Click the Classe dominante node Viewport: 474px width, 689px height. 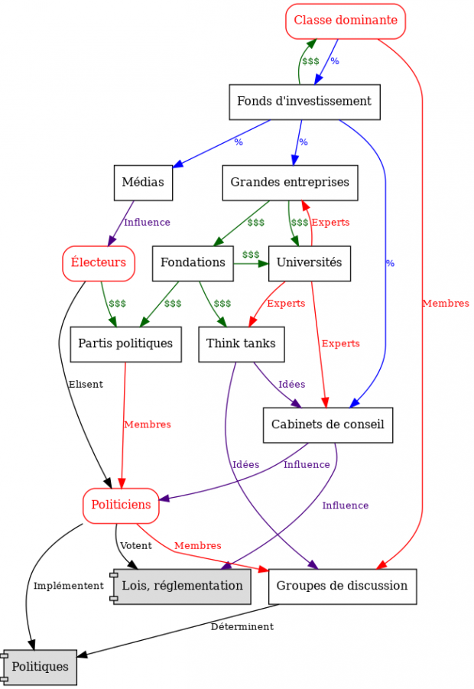pyautogui.click(x=346, y=21)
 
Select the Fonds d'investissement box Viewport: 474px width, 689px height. pyautogui.click(x=304, y=102)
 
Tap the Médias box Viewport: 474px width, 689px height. pyautogui.click(x=143, y=183)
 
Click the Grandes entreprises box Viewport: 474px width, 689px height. pyautogui.click(x=290, y=183)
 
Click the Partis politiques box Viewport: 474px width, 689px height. pyautogui.click(x=125, y=344)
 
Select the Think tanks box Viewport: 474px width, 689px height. pyautogui.click(x=241, y=344)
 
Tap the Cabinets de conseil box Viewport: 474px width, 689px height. pyautogui.click(x=327, y=425)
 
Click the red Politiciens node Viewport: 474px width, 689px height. pyautogui.click(x=121, y=505)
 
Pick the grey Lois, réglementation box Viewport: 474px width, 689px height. pyautogui.click(x=182, y=587)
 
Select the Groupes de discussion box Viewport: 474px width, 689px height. pyautogui.click(x=342, y=587)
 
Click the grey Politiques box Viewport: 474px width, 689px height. pyautogui.click(x=40, y=667)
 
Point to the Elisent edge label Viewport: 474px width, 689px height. pyautogui.click(x=86, y=385)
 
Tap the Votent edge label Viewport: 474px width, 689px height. pyautogui.click(x=135, y=546)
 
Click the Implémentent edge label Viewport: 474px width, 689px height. pyautogui.click(x=68, y=586)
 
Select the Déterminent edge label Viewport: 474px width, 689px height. pyautogui.click(x=242, y=627)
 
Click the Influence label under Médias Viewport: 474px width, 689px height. pyautogui.click(x=147, y=223)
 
